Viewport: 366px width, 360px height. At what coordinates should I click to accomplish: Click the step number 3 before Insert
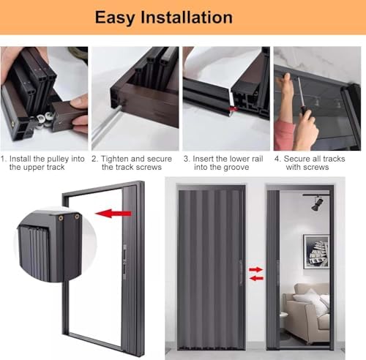pos(186,159)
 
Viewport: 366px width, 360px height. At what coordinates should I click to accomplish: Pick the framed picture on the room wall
pos(315,251)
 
